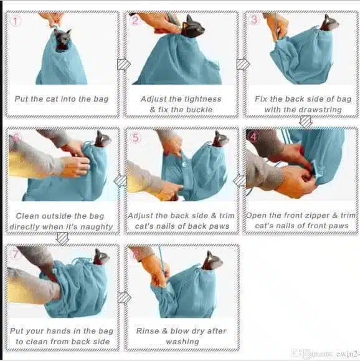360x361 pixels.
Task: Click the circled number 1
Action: pyautogui.click(x=16, y=21)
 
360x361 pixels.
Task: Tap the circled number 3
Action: pyautogui.click(x=254, y=19)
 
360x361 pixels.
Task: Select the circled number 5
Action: pyautogui.click(x=136, y=138)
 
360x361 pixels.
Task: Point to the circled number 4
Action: pyautogui.click(x=253, y=137)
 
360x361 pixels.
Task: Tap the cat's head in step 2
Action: pyautogui.click(x=192, y=26)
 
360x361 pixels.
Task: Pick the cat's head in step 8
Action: pyautogui.click(x=212, y=261)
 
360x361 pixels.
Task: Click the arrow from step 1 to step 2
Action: pyautogui.click(x=124, y=64)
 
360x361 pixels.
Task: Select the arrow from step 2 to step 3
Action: pyautogui.click(x=243, y=64)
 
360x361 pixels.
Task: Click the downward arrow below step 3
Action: pyautogui.click(x=306, y=122)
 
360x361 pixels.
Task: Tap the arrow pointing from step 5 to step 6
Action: pyautogui.click(x=120, y=181)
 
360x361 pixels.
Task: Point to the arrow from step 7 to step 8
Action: pyautogui.click(x=124, y=298)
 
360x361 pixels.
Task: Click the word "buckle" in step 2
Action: pyautogui.click(x=199, y=110)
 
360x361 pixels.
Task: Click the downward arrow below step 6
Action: pyautogui.click(x=62, y=239)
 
